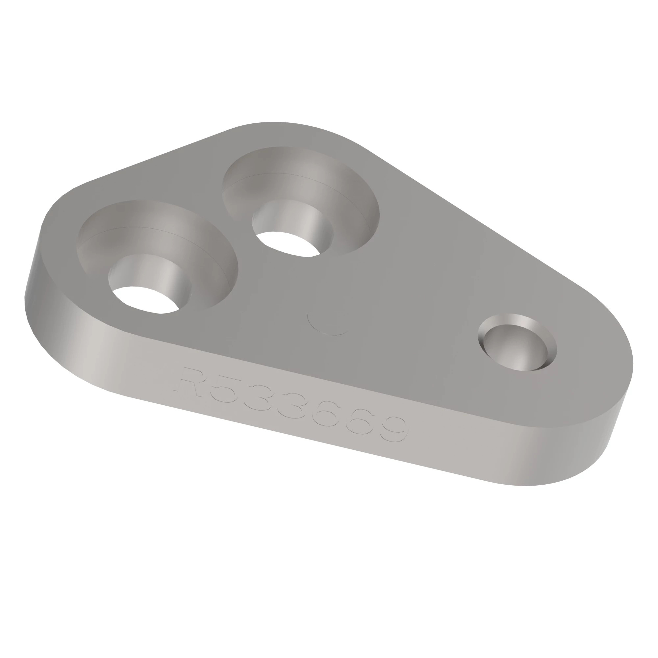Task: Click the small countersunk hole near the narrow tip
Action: click(x=517, y=347)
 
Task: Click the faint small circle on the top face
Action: click(x=328, y=322)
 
